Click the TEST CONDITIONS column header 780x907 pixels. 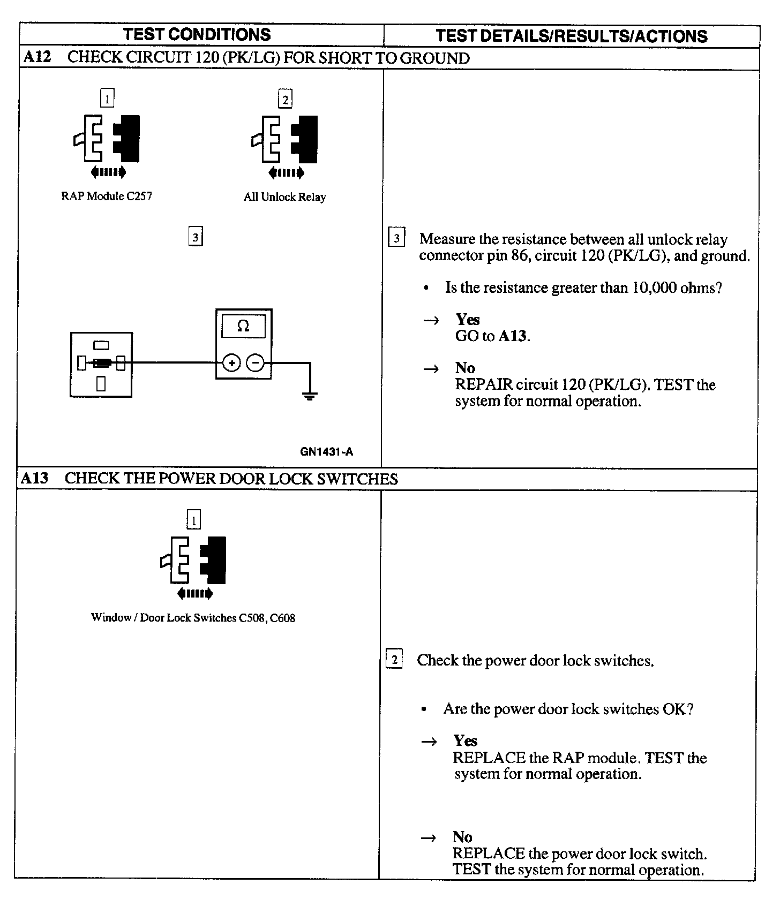(197, 35)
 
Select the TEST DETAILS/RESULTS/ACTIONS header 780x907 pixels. (571, 36)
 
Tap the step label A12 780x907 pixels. (37, 57)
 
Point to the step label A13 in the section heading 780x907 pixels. (34, 478)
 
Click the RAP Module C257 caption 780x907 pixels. (107, 196)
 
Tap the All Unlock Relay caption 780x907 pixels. (284, 197)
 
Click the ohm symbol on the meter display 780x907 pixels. (243, 326)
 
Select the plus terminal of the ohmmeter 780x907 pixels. (231, 363)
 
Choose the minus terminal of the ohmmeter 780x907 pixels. (256, 363)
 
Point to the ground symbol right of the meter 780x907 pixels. (310, 397)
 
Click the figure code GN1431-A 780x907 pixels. (326, 452)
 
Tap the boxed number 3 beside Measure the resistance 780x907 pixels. (396, 238)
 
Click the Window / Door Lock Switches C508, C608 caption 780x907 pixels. (193, 618)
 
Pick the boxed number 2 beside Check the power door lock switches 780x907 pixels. (394, 659)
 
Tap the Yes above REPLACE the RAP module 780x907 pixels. (465, 740)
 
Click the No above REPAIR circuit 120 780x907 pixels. (465, 368)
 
